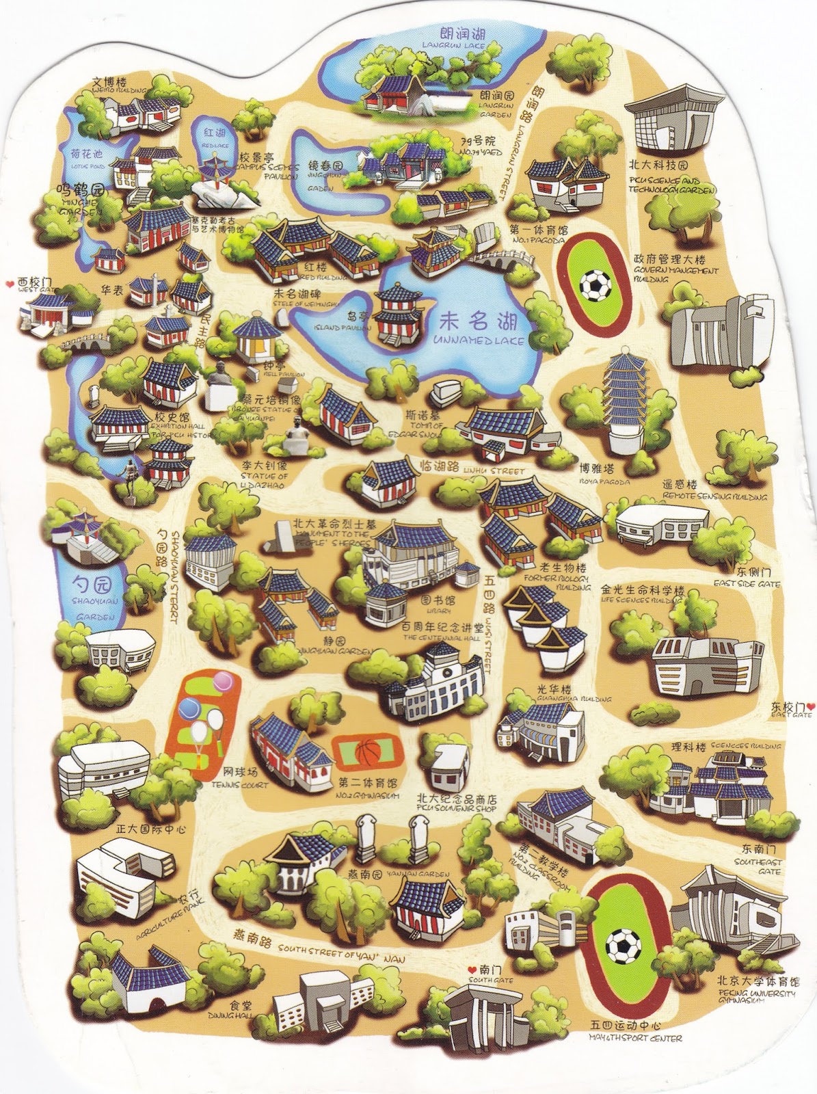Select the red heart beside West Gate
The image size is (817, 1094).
click(9, 282)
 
